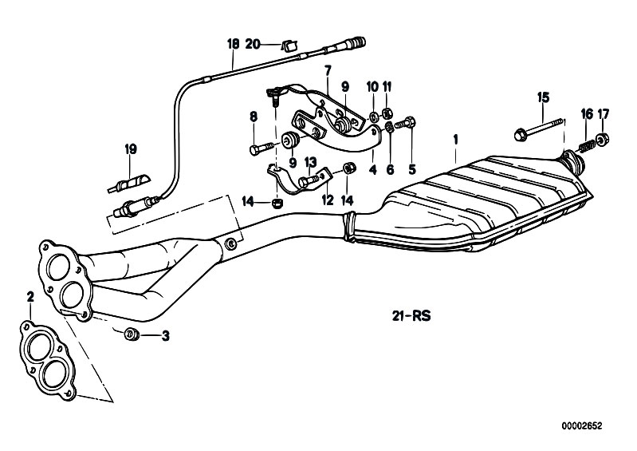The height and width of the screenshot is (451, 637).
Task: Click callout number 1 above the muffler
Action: tap(454, 140)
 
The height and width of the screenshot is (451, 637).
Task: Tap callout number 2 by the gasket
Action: tap(29, 297)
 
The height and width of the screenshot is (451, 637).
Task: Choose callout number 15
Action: tap(543, 97)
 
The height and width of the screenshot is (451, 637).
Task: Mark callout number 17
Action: tap(604, 114)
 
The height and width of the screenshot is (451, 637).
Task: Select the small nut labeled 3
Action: tap(133, 334)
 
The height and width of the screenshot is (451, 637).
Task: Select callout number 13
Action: tap(311, 162)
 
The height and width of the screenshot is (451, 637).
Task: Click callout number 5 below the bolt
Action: tap(412, 169)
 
